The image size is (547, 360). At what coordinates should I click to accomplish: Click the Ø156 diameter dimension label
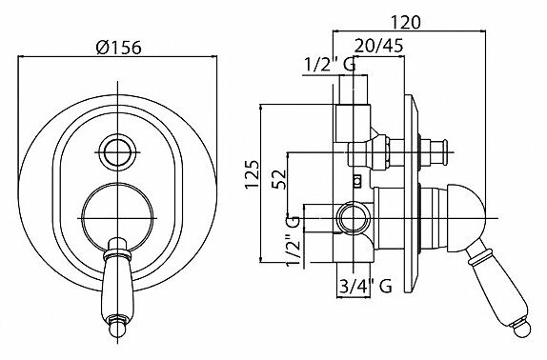click(x=118, y=47)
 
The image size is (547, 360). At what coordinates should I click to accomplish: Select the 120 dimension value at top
click(x=405, y=22)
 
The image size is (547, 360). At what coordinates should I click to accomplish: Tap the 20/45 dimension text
click(x=379, y=46)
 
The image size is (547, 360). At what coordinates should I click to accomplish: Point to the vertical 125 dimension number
click(x=253, y=174)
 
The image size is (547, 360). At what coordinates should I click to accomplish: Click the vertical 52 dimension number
click(x=279, y=179)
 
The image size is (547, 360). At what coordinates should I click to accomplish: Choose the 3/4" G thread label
click(x=365, y=287)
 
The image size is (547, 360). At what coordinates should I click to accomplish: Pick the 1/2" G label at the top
click(x=330, y=65)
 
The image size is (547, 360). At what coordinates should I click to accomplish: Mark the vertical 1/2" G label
click(x=293, y=241)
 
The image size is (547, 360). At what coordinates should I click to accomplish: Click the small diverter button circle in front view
click(x=117, y=152)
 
